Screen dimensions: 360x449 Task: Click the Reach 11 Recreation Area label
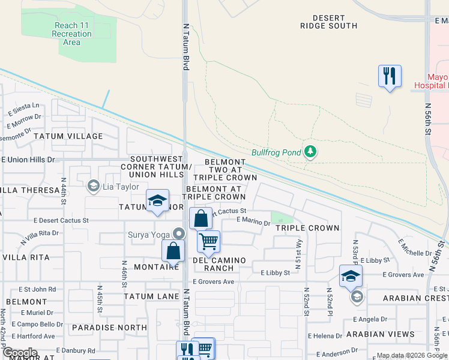click(x=71, y=34)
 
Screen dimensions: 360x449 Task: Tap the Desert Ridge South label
click(x=330, y=22)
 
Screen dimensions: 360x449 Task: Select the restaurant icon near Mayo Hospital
click(x=390, y=76)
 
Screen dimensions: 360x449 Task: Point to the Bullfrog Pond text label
click(x=276, y=152)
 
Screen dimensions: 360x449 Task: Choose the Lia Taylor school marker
click(x=93, y=186)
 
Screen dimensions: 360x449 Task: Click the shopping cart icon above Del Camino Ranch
click(x=208, y=241)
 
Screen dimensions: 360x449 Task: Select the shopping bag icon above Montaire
click(x=173, y=251)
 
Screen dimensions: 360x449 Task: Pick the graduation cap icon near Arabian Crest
click(x=351, y=276)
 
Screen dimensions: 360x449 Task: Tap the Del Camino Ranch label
click(x=219, y=264)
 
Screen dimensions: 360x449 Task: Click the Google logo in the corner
click(x=19, y=352)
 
